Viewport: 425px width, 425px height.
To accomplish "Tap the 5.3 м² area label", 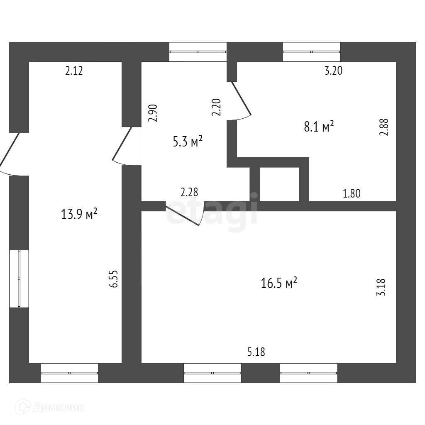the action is pos(188,142).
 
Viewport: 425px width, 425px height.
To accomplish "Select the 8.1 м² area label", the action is pos(319,126).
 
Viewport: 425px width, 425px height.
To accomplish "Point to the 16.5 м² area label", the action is pos(279,283).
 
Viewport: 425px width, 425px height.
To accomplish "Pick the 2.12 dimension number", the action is pos(74,71).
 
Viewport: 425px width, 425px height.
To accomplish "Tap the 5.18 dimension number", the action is pos(256,353).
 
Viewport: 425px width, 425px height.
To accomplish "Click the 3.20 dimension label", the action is pos(333,71).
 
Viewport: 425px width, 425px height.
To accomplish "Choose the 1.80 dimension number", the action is pos(352,193).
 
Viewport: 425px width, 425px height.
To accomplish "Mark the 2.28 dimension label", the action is pos(189,193).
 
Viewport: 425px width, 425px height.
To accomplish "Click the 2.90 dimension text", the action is pos(153,112).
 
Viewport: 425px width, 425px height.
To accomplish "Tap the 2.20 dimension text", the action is pos(217,107).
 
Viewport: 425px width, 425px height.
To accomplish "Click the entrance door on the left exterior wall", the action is pos(10,154).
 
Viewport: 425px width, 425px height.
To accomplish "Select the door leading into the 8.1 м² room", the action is pos(241,100).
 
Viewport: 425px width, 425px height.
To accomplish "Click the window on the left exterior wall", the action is pos(19,278).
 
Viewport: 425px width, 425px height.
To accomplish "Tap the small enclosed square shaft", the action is pos(279,184).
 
